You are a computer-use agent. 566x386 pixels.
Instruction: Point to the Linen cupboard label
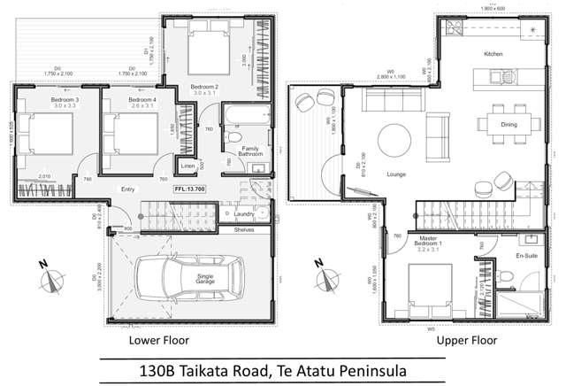pyautogui.click(x=187, y=166)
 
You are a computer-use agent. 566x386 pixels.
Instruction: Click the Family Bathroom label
pyautogui.click(x=251, y=151)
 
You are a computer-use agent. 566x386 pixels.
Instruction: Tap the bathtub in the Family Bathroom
pyautogui.click(x=239, y=116)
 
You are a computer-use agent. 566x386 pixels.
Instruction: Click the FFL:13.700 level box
pyautogui.click(x=188, y=189)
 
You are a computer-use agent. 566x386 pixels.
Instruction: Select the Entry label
pyautogui.click(x=128, y=189)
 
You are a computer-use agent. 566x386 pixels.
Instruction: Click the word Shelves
pyautogui.click(x=245, y=228)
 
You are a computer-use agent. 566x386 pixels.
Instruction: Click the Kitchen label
pyautogui.click(x=493, y=54)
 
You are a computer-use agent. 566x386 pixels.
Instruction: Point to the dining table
pyautogui.click(x=509, y=124)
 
